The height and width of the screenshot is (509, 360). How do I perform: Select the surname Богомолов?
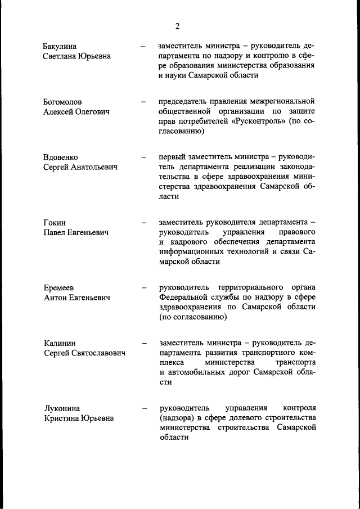pos(62,102)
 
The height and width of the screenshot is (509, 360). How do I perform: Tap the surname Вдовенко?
pos(61,157)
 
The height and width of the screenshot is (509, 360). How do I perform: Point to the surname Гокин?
pos(55,222)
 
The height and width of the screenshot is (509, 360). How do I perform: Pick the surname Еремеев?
pos(59,287)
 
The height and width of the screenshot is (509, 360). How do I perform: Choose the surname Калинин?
pos(60,343)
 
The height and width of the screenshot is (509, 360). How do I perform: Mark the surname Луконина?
pos(61,408)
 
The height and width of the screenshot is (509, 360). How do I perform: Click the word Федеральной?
pos(183,297)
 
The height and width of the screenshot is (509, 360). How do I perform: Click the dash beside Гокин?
pos(144,222)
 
